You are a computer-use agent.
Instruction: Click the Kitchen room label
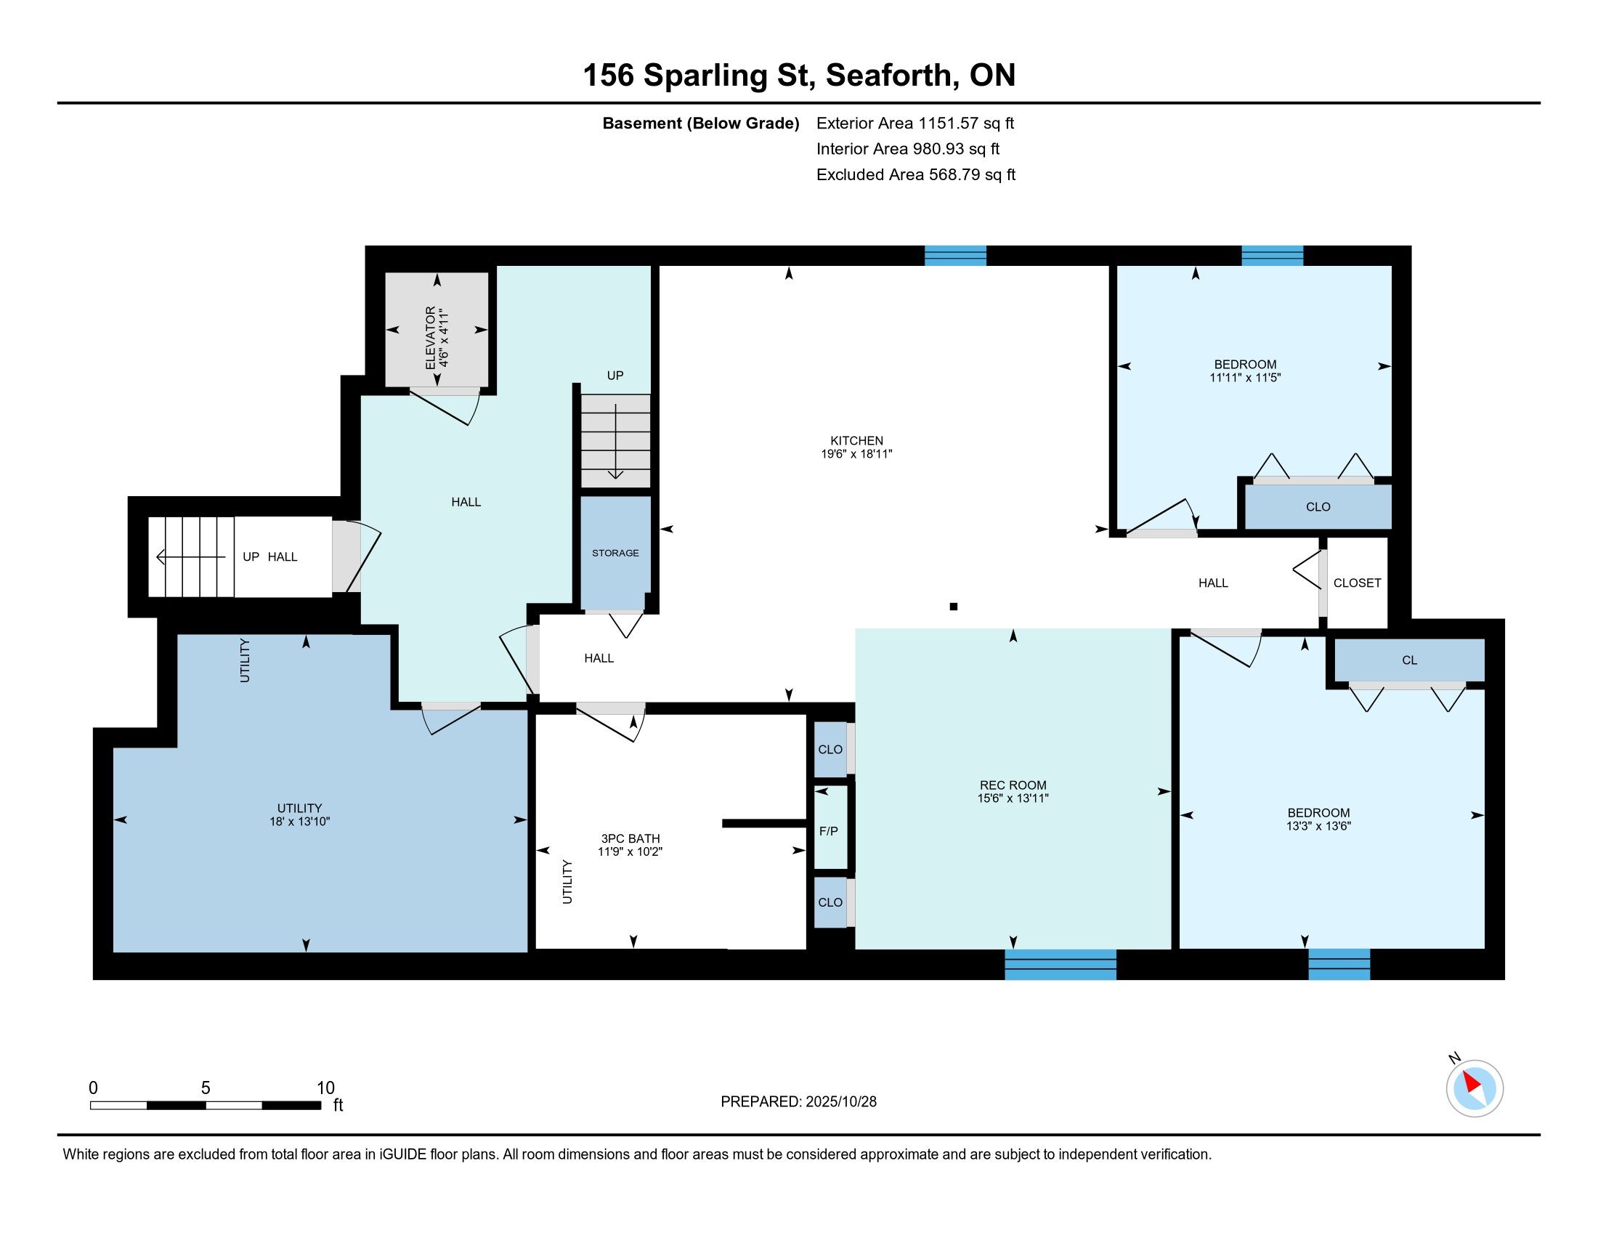[856, 440]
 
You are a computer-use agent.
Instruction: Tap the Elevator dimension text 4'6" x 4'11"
[442, 338]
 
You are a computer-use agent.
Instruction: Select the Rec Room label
[1013, 785]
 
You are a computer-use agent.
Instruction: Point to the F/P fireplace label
[828, 831]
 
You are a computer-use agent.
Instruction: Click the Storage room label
[615, 553]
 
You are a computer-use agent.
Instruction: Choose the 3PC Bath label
[630, 838]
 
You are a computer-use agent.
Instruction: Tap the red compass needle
[1471, 1082]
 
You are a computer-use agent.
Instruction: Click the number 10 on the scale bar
[325, 1088]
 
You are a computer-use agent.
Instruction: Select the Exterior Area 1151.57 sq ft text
[915, 123]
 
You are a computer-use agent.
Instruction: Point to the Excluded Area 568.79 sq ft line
[916, 174]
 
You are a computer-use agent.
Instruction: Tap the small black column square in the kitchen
[954, 607]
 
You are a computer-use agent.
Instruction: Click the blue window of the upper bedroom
[1273, 255]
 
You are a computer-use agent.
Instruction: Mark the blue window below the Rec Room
[1060, 964]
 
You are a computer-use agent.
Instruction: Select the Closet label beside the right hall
[1358, 583]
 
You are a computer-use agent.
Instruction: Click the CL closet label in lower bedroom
[1409, 660]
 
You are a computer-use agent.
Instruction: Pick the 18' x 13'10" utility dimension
[299, 822]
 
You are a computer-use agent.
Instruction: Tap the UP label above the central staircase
[615, 376]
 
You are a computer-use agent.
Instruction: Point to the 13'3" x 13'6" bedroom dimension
[1318, 826]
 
